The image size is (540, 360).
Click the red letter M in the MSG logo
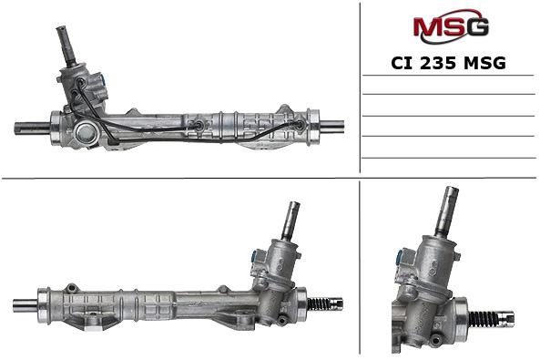[429, 26]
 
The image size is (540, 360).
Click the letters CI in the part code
[402, 63]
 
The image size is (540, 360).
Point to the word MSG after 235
[484, 63]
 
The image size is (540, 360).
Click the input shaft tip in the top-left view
[60, 29]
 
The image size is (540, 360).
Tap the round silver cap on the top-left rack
[84, 133]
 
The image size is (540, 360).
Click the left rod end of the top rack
[32, 129]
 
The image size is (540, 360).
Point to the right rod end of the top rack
[331, 126]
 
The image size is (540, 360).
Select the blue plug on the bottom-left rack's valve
[255, 256]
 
